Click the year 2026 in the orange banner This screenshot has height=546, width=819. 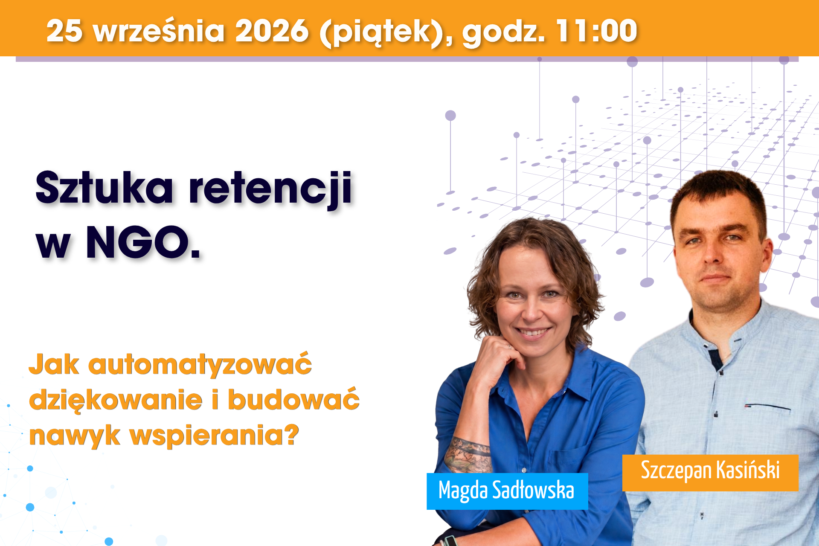272,31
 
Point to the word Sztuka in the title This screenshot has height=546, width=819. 105,187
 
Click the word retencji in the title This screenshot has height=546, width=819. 270,189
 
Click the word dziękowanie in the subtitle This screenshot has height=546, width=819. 116,400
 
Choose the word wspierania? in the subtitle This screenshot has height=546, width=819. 214,436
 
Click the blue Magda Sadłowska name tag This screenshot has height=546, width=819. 507,491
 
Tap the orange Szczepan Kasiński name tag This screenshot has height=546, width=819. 710,473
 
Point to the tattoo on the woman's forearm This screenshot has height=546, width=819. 468,454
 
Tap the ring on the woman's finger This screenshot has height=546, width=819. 509,347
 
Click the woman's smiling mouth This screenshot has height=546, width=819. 532,332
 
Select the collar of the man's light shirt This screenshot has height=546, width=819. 726,333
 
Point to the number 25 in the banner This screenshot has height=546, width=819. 64,31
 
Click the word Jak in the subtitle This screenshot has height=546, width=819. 54,364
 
